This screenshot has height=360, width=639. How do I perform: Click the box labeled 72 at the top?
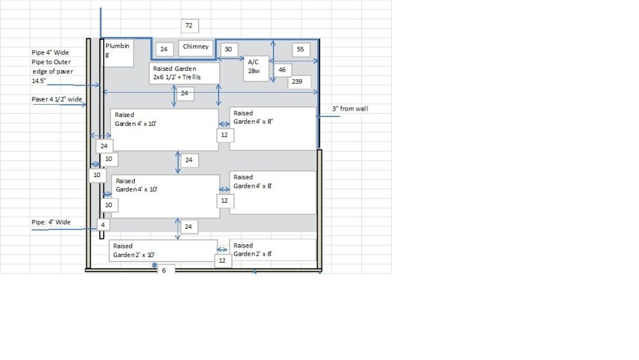pos(189,26)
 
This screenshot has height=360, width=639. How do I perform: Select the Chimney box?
pos(196,47)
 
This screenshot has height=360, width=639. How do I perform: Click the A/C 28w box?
pos(256,68)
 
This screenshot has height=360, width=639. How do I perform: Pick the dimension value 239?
pos(299,82)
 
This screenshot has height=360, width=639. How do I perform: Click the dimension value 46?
pos(282,70)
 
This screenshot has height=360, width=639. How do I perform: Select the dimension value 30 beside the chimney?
pos(228,49)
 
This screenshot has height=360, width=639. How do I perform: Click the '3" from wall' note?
pos(350,109)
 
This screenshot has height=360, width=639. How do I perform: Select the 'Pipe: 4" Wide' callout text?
pos(52,223)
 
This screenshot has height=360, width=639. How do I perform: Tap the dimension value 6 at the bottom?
pos(164,270)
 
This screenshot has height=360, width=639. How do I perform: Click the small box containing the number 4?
pos(102,225)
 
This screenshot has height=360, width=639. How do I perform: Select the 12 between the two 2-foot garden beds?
pos(222,261)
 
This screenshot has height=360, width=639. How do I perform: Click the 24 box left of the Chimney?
pos(164,49)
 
